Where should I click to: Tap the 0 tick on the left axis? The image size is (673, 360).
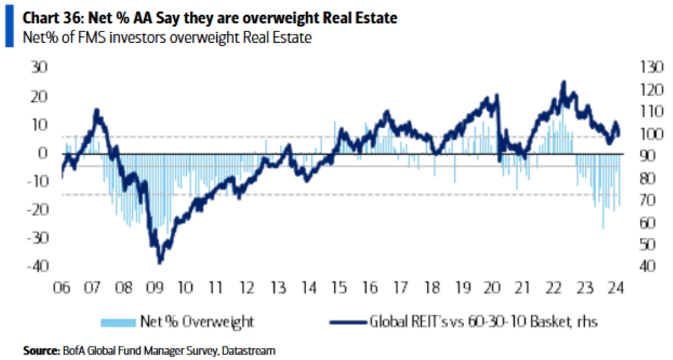point(44,153)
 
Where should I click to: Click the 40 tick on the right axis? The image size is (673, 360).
point(640,267)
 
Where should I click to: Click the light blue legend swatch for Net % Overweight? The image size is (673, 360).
point(116,322)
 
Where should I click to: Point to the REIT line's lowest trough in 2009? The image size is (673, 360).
point(160,262)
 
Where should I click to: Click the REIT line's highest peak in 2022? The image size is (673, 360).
point(563,82)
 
